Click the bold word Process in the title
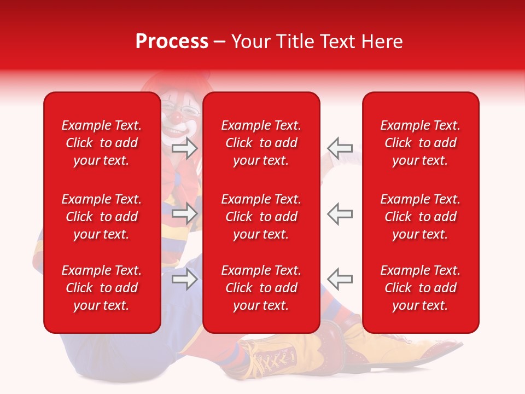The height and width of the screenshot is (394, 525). point(172,42)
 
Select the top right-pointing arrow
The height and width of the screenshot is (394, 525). point(184,148)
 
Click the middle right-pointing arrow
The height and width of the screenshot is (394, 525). point(184,213)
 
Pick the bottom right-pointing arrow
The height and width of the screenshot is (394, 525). point(184,279)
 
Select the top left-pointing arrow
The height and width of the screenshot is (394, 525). point(340,148)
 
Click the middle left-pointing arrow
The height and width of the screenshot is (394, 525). point(340,213)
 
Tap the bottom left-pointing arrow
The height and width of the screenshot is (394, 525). point(340,279)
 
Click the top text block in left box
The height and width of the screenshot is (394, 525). point(102,143)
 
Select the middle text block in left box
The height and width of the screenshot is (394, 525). point(102,217)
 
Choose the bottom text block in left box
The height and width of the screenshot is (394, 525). point(102,288)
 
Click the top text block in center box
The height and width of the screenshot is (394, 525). point(261,143)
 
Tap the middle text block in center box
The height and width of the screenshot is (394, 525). point(261,217)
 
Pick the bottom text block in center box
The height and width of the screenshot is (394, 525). point(261,288)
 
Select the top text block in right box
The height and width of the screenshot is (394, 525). point(421,143)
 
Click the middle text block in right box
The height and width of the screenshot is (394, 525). point(421,217)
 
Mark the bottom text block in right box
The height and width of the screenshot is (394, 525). point(421,288)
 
